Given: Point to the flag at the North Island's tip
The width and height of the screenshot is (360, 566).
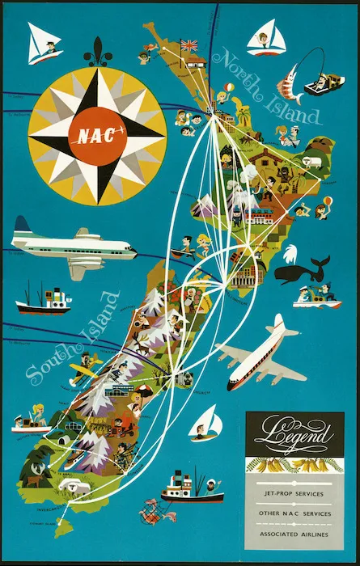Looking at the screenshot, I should point(190,45).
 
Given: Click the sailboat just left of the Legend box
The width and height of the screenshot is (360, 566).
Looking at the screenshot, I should point(206,423).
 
